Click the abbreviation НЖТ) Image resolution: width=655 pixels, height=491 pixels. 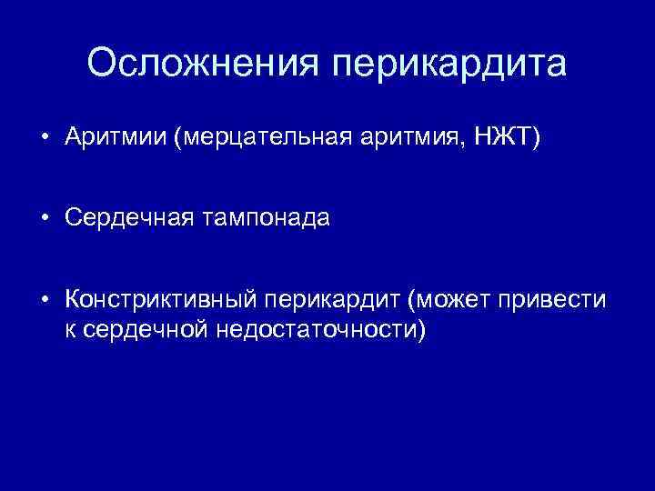[509, 138]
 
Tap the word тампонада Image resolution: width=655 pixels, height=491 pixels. [269, 219]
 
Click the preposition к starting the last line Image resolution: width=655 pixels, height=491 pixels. [70, 328]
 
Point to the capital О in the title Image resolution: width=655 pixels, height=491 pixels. [103, 64]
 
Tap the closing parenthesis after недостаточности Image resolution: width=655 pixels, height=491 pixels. [420, 328]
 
